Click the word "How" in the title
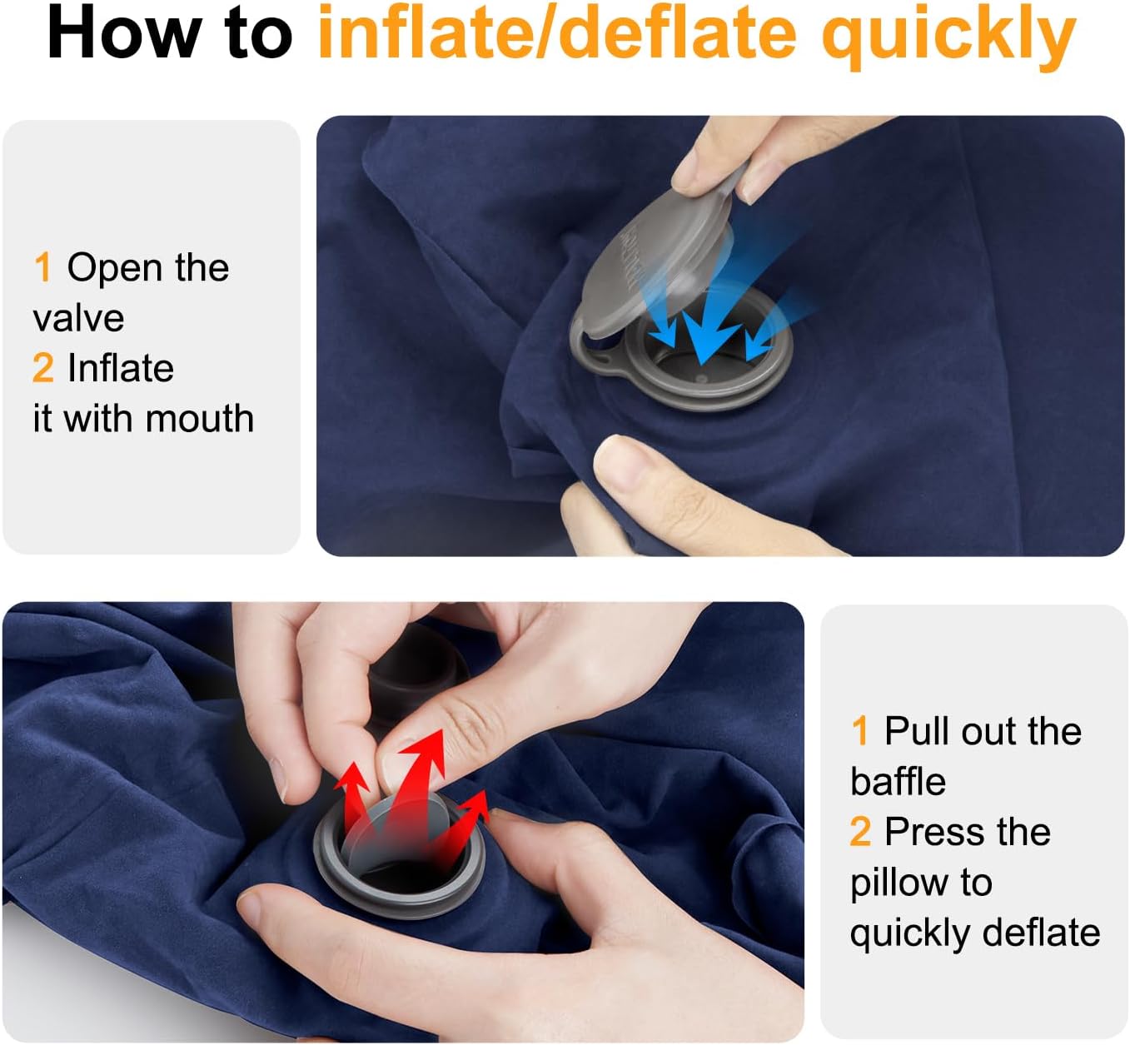[x=125, y=33]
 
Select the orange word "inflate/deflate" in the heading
[x=557, y=32]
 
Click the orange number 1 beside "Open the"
[x=42, y=267]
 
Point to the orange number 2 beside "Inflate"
[x=43, y=368]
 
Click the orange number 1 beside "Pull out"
[x=859, y=730]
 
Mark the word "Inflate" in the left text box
[x=121, y=368]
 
